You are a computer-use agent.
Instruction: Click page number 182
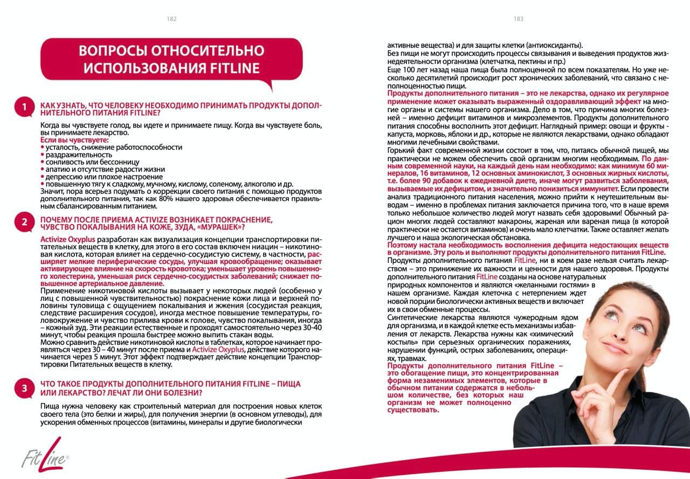pos(172,19)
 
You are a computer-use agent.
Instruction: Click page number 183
pos(518,19)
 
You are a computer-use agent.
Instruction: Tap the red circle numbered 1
pos(24,107)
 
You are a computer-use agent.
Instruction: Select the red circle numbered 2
pos(24,221)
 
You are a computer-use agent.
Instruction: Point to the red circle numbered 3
pos(24,387)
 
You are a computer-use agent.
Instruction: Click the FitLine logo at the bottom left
pos(44,455)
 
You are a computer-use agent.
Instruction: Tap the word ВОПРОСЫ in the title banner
pos(112,51)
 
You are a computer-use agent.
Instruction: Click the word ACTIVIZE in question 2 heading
pos(147,219)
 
